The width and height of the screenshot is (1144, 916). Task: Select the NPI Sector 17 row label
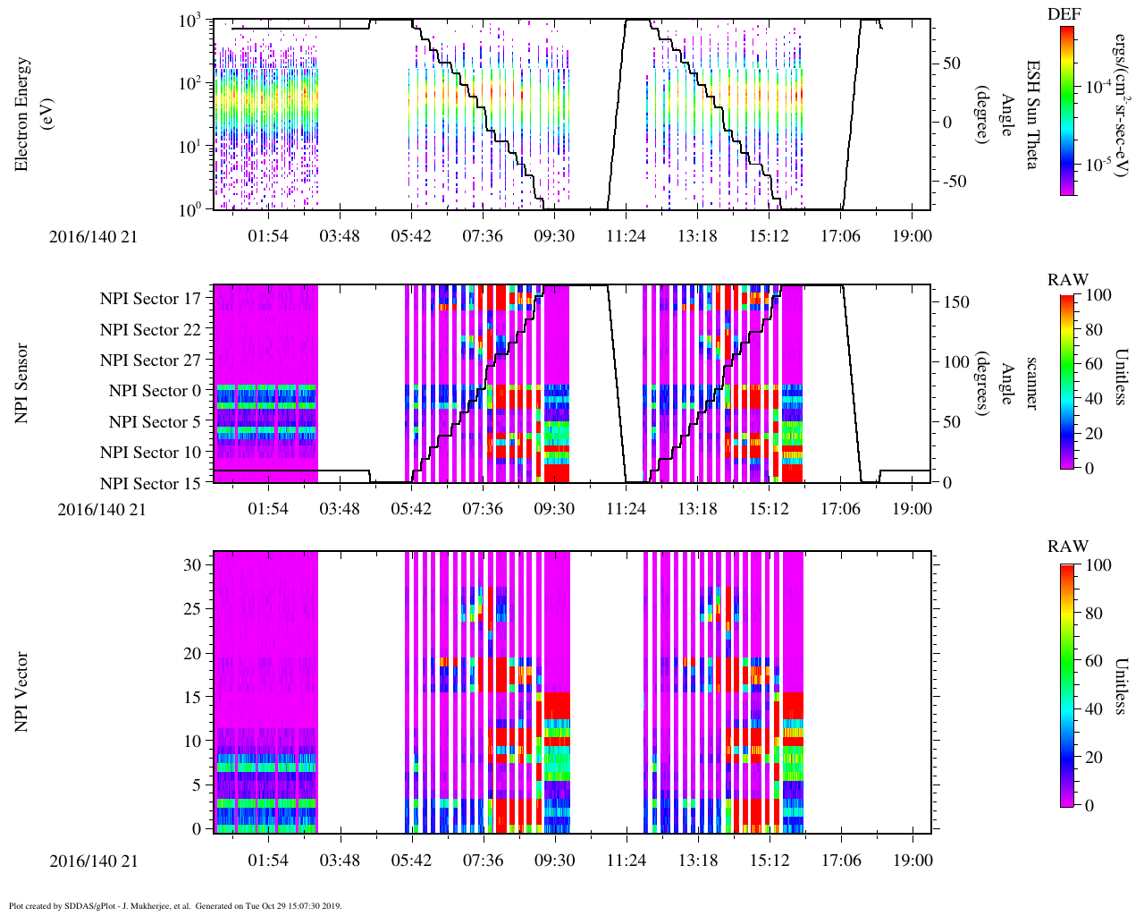[x=150, y=299]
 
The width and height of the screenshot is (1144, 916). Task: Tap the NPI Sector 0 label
[x=155, y=391]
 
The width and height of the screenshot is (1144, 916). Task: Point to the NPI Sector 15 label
[x=150, y=484]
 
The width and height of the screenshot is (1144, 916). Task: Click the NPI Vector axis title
[x=21, y=691]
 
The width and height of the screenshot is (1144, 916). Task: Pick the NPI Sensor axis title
[x=21, y=383]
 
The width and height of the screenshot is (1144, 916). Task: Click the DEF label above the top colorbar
[x=1064, y=14]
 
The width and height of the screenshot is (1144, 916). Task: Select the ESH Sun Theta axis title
[x=1032, y=114]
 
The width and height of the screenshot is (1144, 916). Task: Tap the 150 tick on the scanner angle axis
[x=957, y=302]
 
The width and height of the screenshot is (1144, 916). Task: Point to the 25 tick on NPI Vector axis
[x=193, y=609]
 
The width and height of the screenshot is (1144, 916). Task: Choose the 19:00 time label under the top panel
[x=912, y=236]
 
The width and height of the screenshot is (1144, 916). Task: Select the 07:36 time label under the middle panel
[x=483, y=509]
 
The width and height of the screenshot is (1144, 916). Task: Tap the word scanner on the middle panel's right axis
[x=1031, y=383]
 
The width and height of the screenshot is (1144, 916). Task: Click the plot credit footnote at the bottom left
[x=175, y=905]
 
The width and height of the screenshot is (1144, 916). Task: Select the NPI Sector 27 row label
[x=150, y=360]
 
